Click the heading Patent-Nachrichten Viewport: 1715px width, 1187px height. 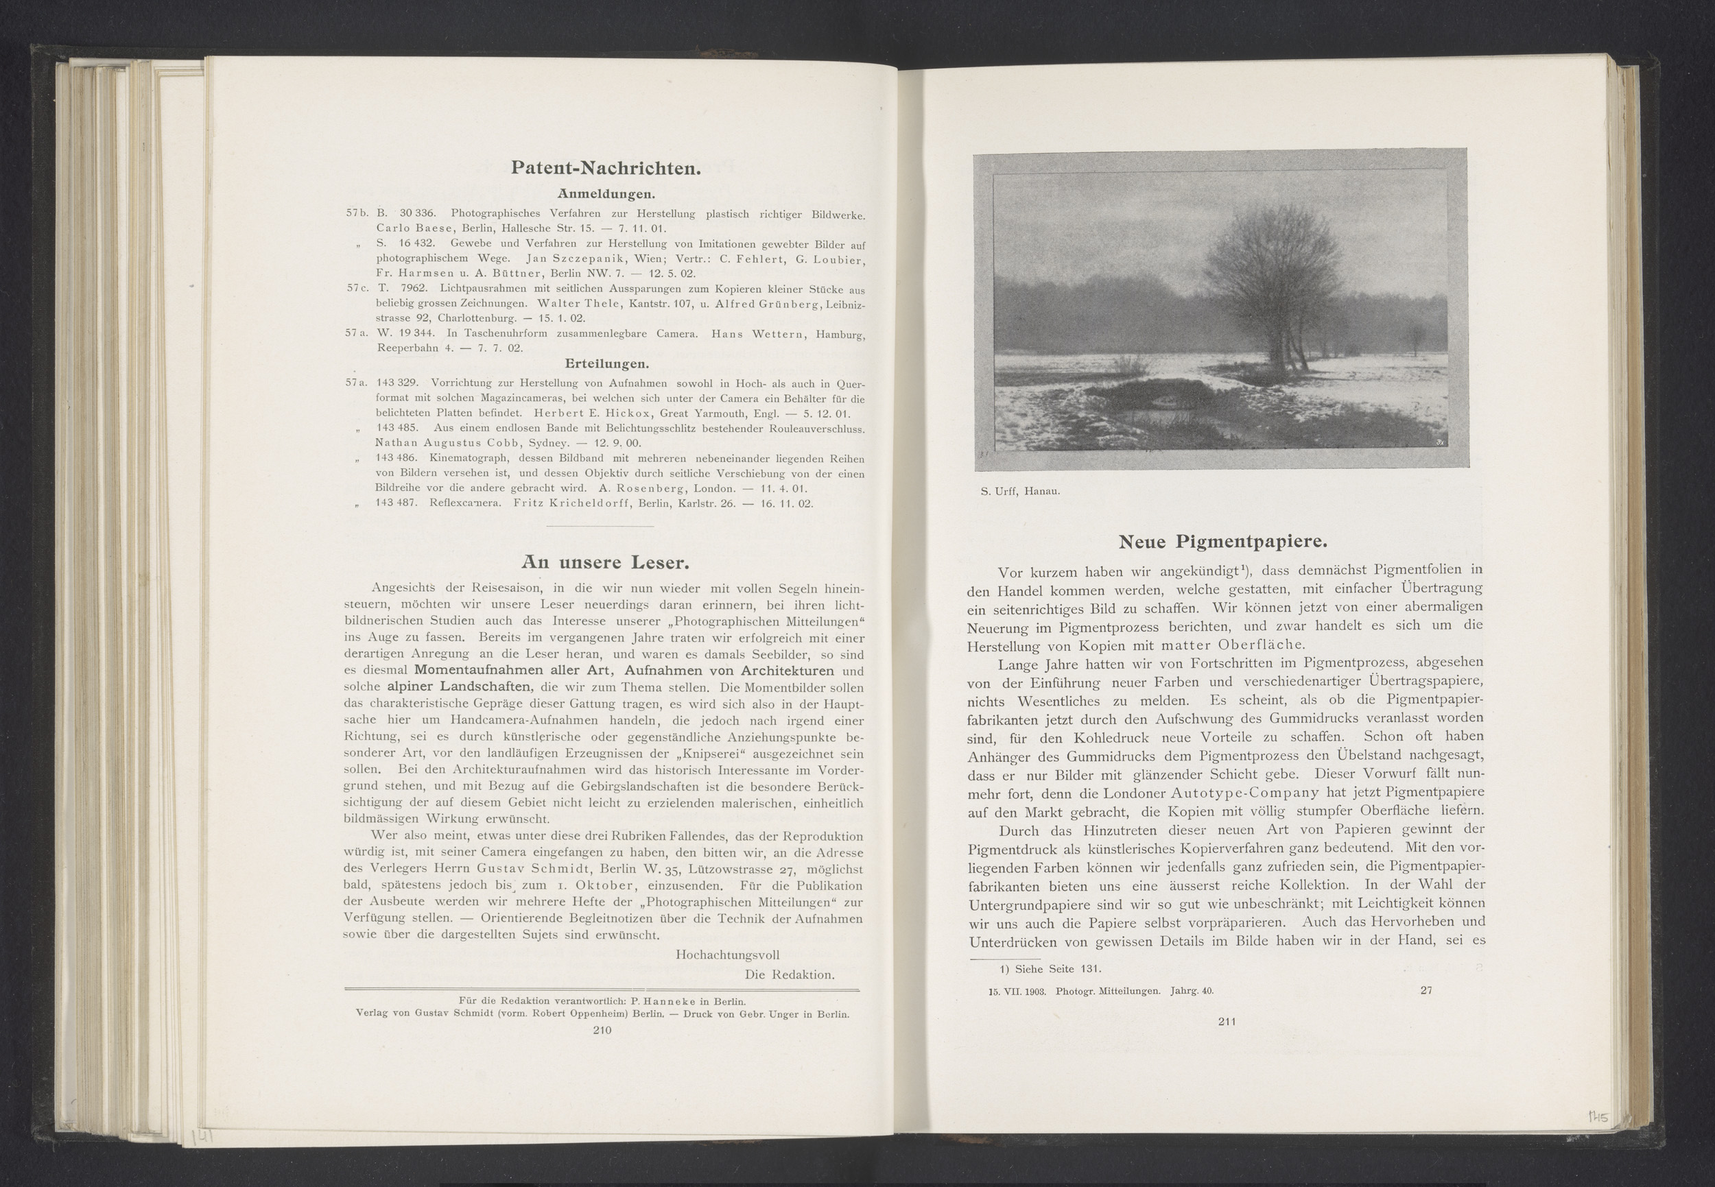606,168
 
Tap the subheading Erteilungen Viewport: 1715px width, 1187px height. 606,364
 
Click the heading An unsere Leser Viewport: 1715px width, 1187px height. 606,561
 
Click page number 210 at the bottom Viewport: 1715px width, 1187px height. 601,1030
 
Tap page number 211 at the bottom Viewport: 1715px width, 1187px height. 1227,1021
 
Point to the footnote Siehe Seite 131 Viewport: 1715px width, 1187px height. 1050,968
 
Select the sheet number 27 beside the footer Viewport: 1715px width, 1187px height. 1426,990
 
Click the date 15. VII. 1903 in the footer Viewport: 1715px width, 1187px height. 1015,991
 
